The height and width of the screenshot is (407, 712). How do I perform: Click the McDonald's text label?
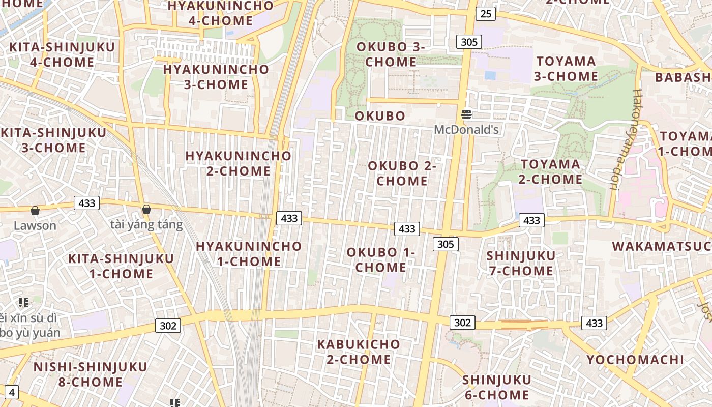pos(466,130)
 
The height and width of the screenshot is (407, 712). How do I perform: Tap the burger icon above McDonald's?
pos(466,114)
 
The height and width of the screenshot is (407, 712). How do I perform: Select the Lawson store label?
pos(35,225)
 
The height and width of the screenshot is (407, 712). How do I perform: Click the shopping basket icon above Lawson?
pos(35,211)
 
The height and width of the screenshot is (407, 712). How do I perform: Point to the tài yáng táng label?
pos(146,224)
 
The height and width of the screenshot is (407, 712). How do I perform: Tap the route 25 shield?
pos(486,14)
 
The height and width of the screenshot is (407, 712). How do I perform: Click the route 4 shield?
pos(11,392)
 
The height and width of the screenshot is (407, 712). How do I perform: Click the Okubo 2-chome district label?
pos(402,173)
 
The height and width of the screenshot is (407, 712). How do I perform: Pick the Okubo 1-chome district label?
pos(381,260)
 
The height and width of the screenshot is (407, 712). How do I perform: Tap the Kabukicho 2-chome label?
pos(359,352)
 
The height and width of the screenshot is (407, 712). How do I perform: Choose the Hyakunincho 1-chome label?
pos(249,254)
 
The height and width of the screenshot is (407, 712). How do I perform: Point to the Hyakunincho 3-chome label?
pos(216,77)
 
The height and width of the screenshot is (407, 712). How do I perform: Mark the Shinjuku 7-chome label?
pos(521,263)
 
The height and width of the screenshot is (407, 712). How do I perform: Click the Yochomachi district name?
pos(635,360)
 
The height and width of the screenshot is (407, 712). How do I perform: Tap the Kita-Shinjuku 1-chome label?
pos(121,266)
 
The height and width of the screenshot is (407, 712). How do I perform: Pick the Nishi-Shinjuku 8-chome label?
pos(91,374)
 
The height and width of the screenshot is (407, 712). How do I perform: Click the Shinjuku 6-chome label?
pos(496,387)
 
